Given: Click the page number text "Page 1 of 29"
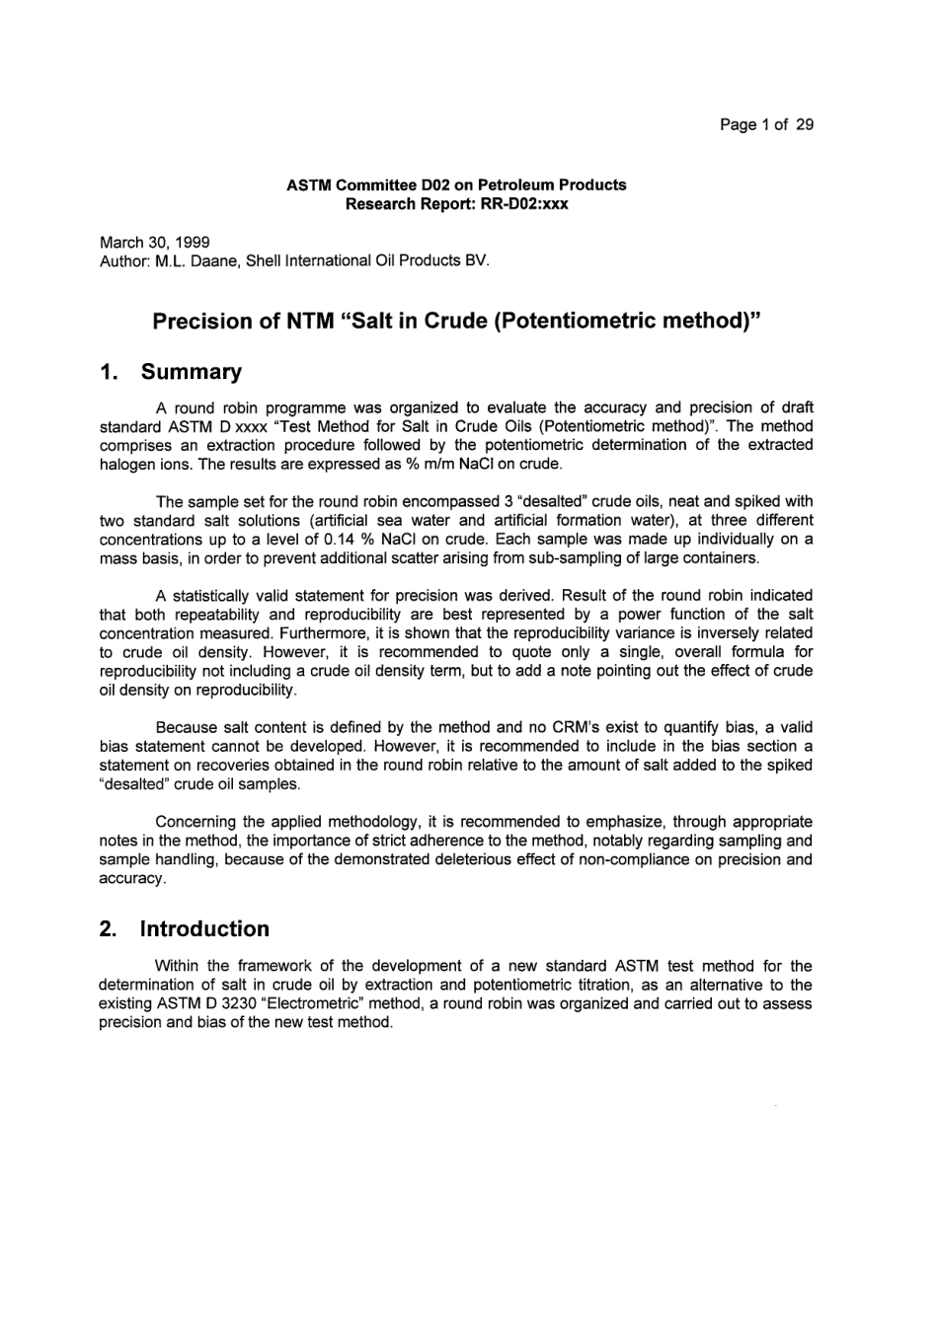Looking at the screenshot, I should (x=766, y=124).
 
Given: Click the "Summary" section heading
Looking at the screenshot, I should (x=191, y=372).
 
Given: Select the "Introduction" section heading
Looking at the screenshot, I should (x=204, y=928).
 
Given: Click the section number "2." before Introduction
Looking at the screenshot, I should (x=109, y=928).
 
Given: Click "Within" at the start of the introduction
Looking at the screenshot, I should (x=177, y=966).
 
